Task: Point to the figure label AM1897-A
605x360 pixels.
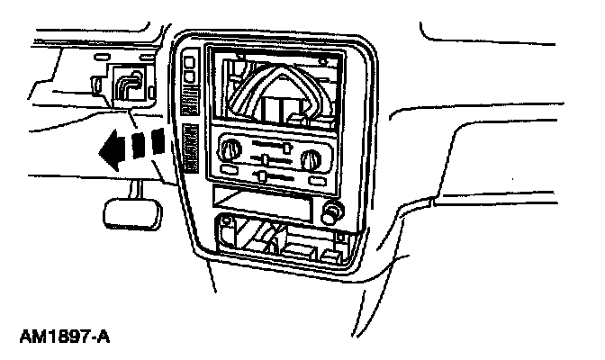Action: pos(64,338)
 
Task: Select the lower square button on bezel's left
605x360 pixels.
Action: pos(190,80)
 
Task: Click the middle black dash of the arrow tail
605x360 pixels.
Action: pos(138,144)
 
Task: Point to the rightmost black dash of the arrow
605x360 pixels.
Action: pos(158,139)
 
